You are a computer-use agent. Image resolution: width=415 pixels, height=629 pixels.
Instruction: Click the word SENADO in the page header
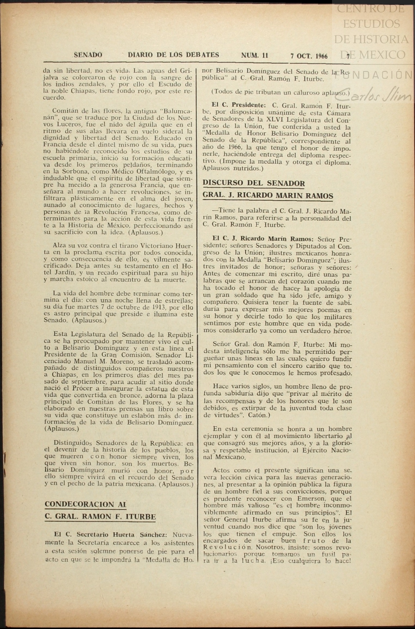pos(88,55)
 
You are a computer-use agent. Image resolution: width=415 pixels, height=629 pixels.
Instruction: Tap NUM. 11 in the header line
pos(254,56)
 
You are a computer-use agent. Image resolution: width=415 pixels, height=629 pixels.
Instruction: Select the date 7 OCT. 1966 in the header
pos(309,56)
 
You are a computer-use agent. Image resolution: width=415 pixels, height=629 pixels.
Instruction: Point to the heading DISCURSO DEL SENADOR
pos(254,183)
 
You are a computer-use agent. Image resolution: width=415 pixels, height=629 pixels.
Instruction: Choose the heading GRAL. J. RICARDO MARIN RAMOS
pos(268,196)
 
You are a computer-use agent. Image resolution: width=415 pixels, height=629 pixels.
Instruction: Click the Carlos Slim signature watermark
pos(373,94)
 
